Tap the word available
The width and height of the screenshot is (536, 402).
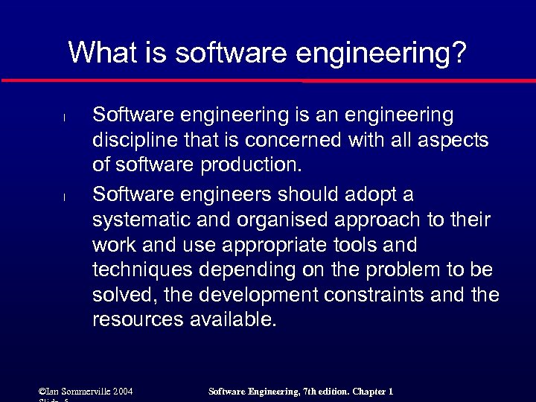click(x=231, y=320)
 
